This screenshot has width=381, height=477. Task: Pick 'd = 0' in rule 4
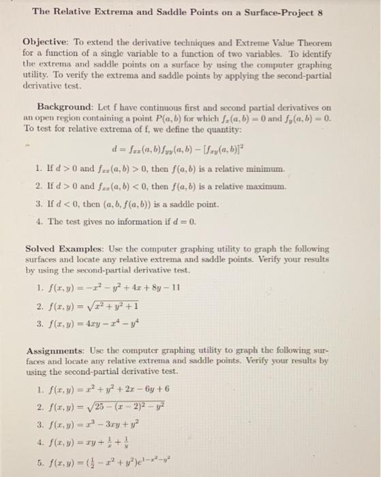(x=171, y=220)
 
